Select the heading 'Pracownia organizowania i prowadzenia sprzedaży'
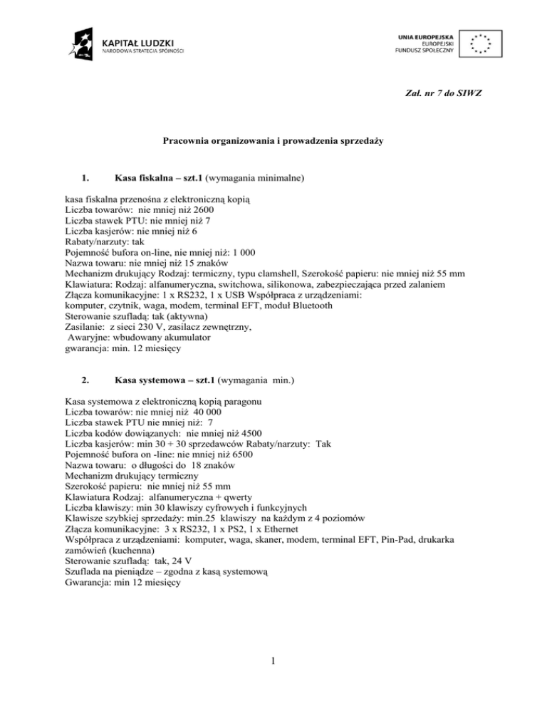(x=273, y=142)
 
